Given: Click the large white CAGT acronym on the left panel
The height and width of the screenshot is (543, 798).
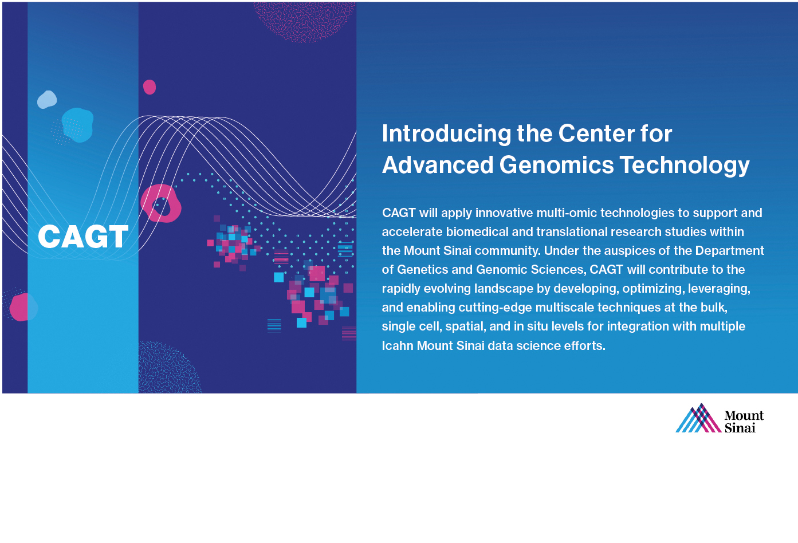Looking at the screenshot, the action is pyautogui.click(x=83, y=237).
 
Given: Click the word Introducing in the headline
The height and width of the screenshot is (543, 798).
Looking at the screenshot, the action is pyautogui.click(x=446, y=134).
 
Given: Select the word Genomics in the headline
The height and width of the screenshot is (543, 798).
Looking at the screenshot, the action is pyautogui.click(x=556, y=165).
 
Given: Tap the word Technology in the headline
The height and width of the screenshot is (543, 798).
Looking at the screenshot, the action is pyautogui.click(x=685, y=166).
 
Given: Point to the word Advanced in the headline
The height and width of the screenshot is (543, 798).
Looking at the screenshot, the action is pyautogui.click(x=438, y=165).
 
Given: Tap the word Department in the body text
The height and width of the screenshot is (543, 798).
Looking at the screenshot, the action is pyautogui.click(x=730, y=251).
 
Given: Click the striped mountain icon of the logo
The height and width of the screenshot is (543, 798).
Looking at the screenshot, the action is pyautogui.click(x=698, y=418).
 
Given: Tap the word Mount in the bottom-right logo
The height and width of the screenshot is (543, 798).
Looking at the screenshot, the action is pyautogui.click(x=744, y=415).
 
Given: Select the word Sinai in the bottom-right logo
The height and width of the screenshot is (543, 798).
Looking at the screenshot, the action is pyautogui.click(x=740, y=427).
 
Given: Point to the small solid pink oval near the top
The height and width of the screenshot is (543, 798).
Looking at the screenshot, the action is pyautogui.click(x=150, y=87).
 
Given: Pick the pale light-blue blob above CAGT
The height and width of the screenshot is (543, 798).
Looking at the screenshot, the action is pyautogui.click(x=47, y=100).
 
